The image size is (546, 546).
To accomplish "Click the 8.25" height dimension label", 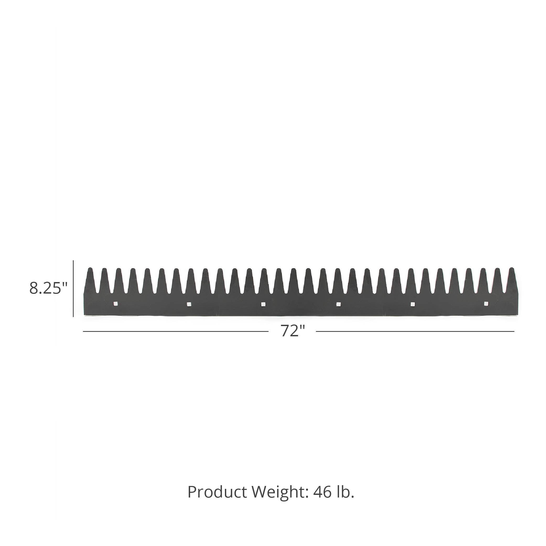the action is (x=48, y=288).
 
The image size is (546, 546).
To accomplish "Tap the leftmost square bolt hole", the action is (x=115, y=304).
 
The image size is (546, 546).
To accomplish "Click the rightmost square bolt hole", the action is (x=486, y=304).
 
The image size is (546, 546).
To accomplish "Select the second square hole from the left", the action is (x=189, y=304).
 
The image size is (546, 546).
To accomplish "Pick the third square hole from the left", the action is (x=263, y=304).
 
